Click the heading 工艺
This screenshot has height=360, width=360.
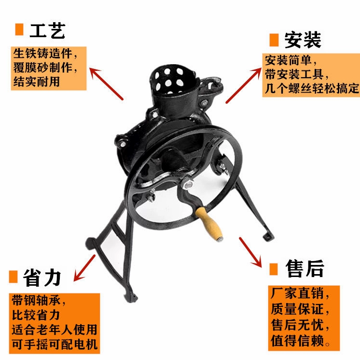47,30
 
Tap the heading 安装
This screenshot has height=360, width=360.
303,40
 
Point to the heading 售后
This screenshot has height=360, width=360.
305,268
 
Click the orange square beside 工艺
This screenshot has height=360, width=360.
19,29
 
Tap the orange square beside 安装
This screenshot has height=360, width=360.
274,40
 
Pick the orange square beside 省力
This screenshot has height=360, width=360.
14,277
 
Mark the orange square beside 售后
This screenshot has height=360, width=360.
274,269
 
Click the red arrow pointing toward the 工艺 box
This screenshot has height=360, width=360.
106,83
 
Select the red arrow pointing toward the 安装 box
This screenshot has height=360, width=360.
244,85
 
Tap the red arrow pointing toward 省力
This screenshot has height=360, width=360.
84,268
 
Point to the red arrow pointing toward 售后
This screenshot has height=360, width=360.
250,252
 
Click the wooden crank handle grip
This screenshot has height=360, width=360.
209,223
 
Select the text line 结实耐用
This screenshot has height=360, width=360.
37,82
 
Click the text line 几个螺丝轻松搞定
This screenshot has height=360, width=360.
312,88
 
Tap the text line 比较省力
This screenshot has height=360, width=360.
36,315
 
